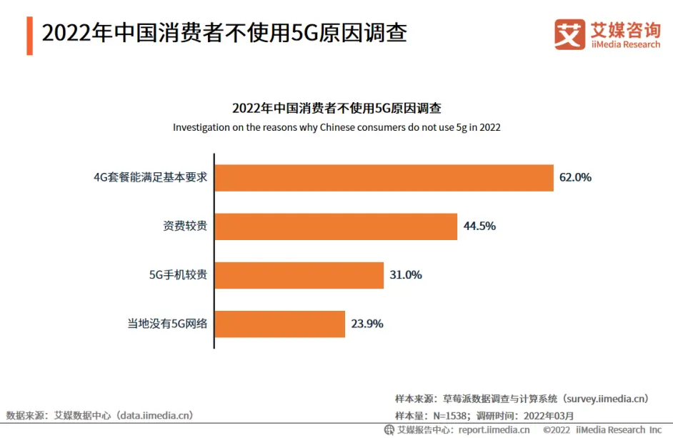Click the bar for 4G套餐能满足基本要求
384,178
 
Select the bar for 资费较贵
336,227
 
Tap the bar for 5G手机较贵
299,275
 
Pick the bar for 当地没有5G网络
280,324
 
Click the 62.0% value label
575,178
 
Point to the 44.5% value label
479,227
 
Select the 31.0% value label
406,275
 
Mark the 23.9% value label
367,324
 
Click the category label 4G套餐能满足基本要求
151,178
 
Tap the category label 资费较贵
185,227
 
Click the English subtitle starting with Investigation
336,128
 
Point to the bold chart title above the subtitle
336,109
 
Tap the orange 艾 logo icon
569,34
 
